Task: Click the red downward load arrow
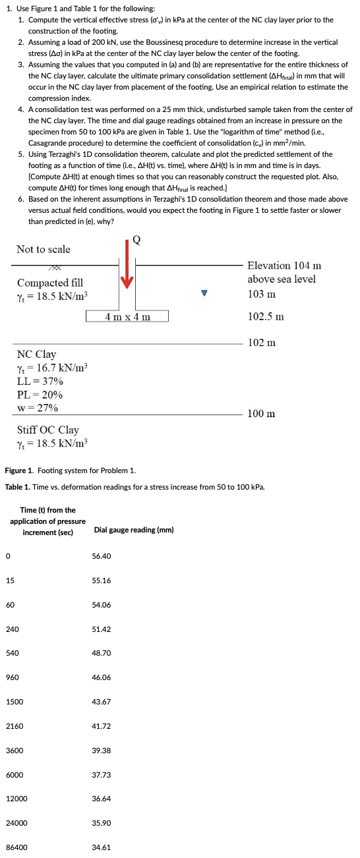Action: (x=127, y=272)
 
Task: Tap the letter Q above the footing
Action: (x=137, y=239)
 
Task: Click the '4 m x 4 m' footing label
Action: (x=127, y=317)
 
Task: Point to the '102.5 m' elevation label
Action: (x=266, y=316)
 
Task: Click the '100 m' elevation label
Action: (x=262, y=413)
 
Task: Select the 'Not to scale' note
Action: (x=44, y=249)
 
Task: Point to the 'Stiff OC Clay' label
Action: (x=47, y=430)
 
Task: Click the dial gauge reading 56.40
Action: (x=102, y=556)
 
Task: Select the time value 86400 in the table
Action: (x=16, y=846)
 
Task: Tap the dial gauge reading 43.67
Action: (x=102, y=701)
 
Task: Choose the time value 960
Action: (x=13, y=677)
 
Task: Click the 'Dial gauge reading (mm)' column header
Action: (x=134, y=530)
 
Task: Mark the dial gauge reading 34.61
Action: (x=102, y=846)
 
